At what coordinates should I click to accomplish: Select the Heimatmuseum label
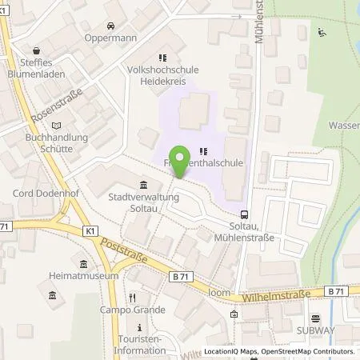pyautogui.click(x=88, y=276)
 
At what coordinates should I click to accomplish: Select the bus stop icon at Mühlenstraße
pyautogui.click(x=244, y=213)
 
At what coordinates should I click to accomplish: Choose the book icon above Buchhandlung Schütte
pyautogui.click(x=55, y=126)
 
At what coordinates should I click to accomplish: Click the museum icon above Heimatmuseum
pyautogui.click(x=83, y=263)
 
